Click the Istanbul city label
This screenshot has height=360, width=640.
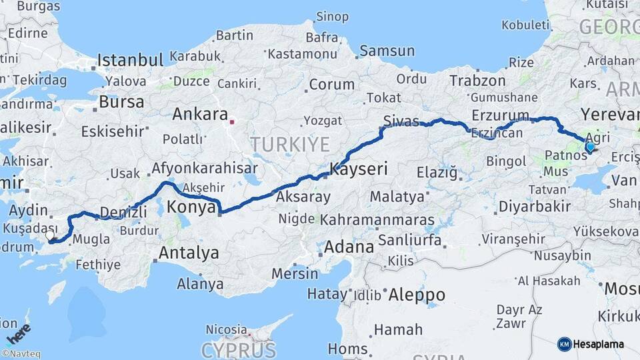coord(130,61)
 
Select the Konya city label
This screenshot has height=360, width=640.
coord(191,207)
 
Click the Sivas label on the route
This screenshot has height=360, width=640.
coord(401,121)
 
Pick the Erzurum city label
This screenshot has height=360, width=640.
coord(500,116)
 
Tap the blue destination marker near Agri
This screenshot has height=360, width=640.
coord(589,147)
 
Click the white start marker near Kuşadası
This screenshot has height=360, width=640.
coord(50,235)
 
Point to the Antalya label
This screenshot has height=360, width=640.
coord(189,253)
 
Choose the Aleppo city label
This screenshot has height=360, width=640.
coord(417,294)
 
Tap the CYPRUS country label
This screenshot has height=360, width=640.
coord(238,350)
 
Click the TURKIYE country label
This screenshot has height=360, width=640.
coord(290,144)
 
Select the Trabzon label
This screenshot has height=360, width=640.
coord(477,81)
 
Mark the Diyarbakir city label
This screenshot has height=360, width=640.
coord(534,206)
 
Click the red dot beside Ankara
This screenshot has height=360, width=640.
coord(232,122)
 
